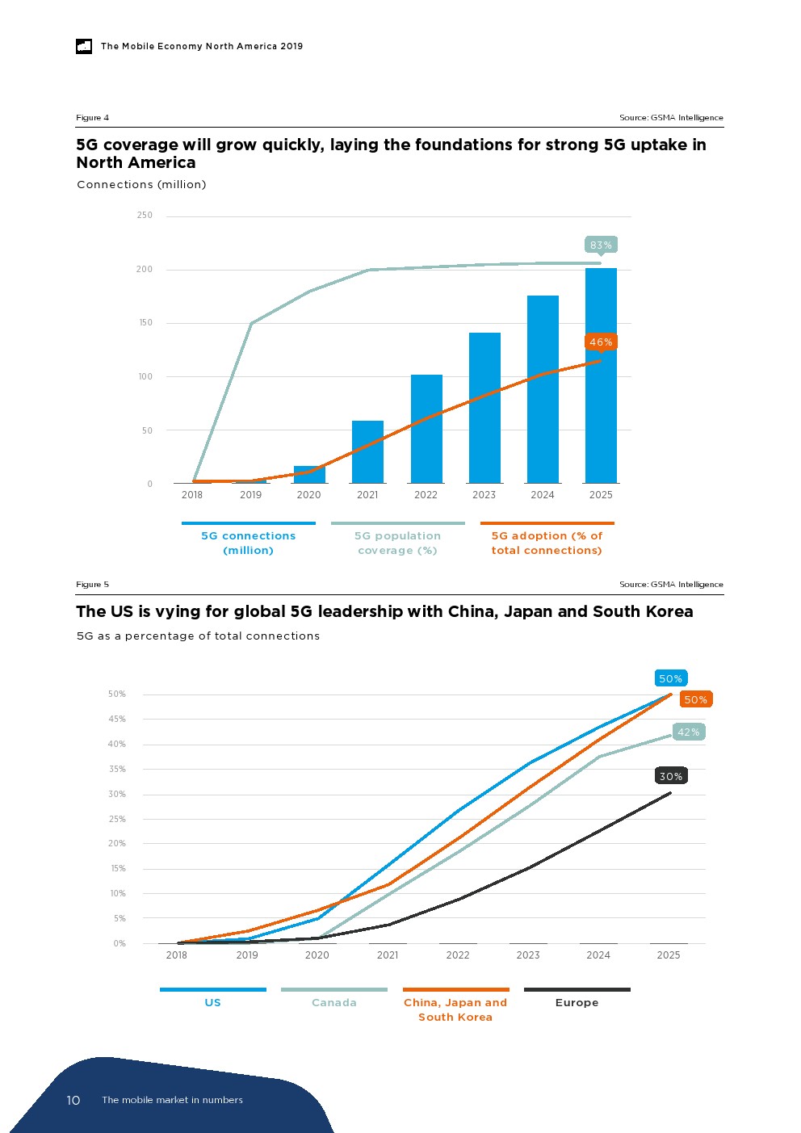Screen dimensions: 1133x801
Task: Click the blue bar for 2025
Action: pos(601,376)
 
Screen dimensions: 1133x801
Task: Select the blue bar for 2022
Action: pos(426,429)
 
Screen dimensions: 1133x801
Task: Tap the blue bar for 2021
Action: pos(367,452)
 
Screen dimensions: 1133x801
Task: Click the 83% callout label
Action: pos(601,245)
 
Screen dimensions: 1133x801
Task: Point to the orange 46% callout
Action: pos(601,342)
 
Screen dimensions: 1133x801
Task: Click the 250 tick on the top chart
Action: pos(145,216)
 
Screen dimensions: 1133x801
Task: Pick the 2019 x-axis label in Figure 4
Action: pos(250,495)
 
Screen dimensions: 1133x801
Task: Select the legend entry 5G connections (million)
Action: pos(248,543)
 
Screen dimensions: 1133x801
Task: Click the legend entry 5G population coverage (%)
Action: pos(397,543)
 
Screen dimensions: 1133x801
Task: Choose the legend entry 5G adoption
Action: pos(547,543)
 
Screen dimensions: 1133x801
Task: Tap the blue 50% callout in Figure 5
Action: pos(670,678)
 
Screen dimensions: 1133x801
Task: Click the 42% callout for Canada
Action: pos(688,732)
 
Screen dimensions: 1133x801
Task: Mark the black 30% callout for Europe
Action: pos(671,776)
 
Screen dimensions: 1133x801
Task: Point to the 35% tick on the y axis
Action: pos(117,770)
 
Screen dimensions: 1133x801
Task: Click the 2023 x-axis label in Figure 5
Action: pos(528,955)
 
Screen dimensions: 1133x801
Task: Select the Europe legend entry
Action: pos(577,1002)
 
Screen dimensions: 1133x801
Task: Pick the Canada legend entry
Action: pos(334,1002)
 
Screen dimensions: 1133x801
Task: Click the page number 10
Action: pos(73,1100)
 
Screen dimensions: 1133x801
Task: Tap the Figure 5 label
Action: pos(92,585)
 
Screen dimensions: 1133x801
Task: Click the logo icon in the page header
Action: pos(84,47)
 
